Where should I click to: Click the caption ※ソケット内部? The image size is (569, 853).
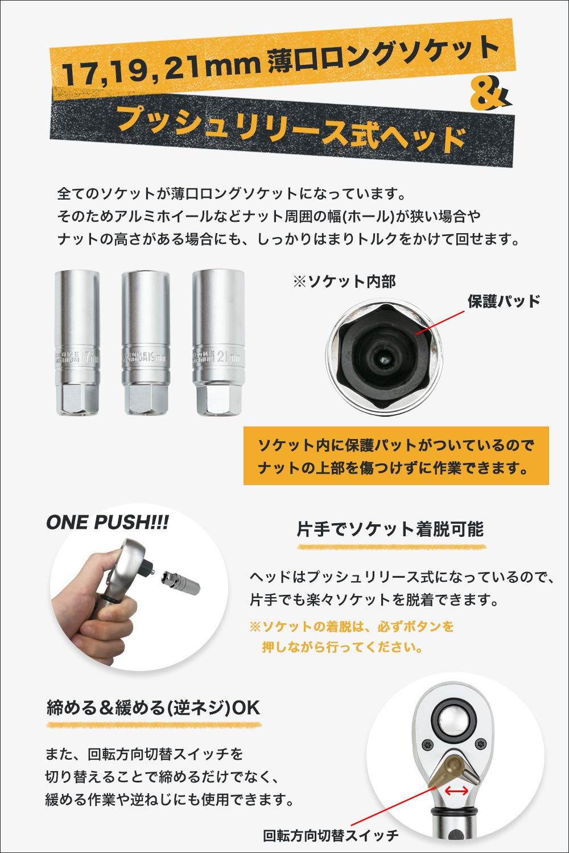[x=344, y=281]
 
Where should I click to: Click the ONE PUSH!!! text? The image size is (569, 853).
[x=107, y=523]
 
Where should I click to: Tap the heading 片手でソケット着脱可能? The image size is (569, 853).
[x=390, y=530]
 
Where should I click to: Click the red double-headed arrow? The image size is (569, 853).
[x=456, y=791]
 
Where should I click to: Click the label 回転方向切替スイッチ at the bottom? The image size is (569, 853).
[x=331, y=835]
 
